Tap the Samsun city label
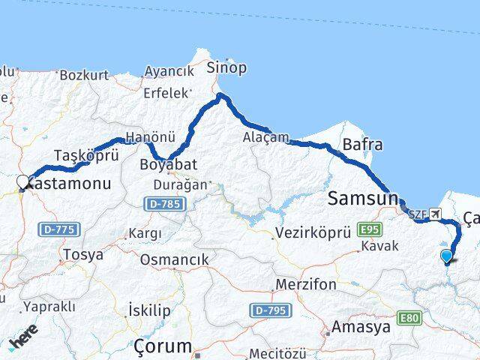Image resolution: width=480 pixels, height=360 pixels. pyautogui.click(x=362, y=199)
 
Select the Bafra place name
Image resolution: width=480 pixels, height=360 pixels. pyautogui.click(x=362, y=145)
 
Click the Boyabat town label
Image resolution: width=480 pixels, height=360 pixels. pyautogui.click(x=166, y=162)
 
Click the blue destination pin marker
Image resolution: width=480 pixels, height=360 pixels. pyautogui.click(x=447, y=256)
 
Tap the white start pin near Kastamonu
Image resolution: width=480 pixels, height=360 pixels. pyautogui.click(x=23, y=181)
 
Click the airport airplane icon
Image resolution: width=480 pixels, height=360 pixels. pyautogui.click(x=436, y=214)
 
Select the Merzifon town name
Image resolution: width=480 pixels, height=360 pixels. pyautogui.click(x=302, y=286)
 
